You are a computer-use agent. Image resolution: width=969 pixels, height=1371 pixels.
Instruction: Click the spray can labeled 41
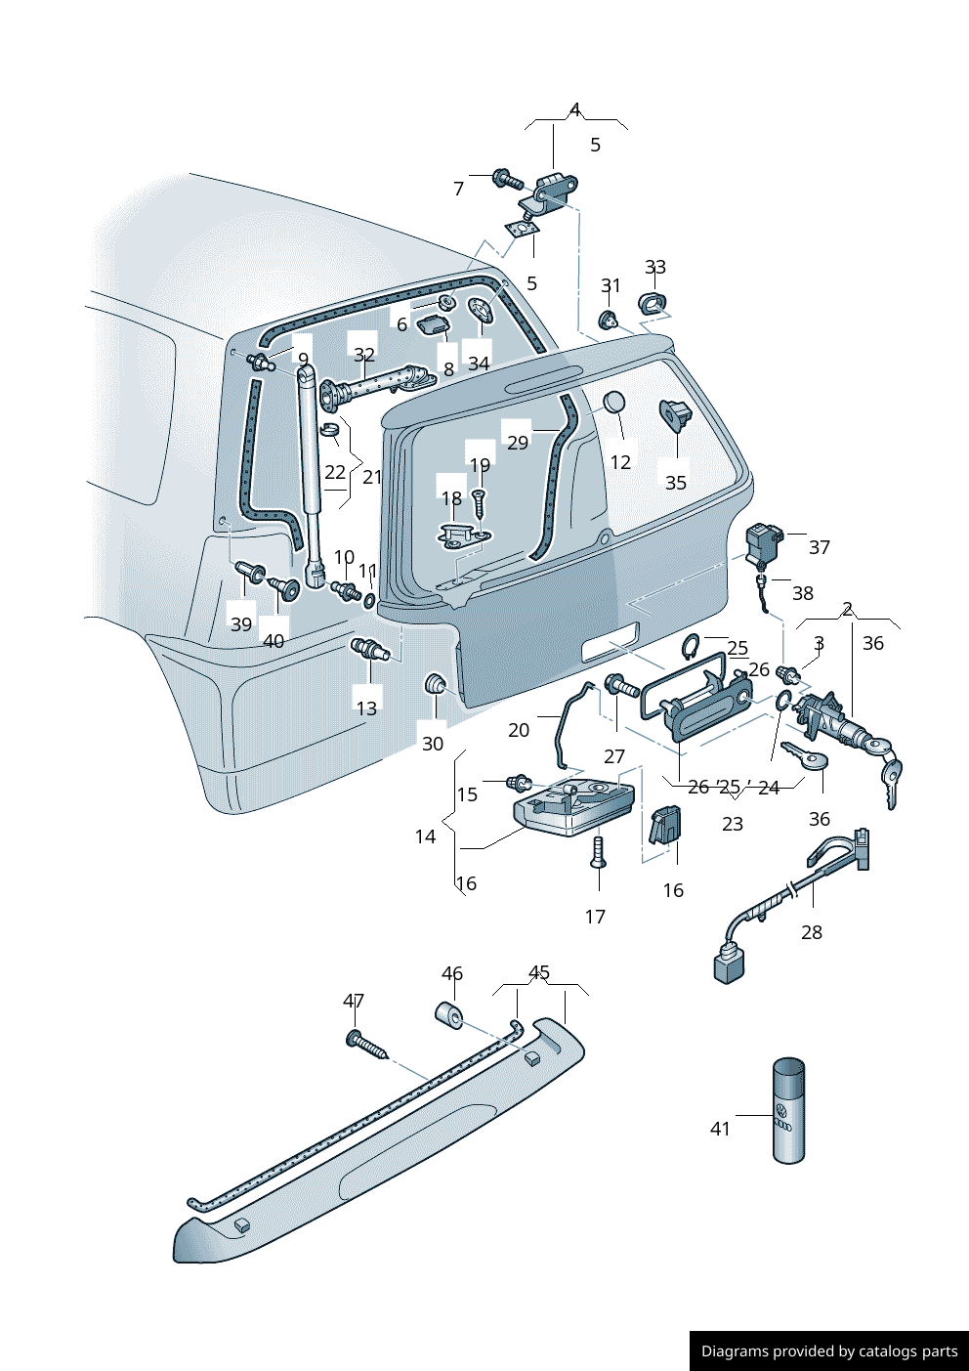coord(789,1111)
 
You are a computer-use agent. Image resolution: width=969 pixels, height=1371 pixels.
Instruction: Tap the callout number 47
coord(354,1001)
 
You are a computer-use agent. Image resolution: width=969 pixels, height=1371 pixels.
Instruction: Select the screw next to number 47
coord(366,1045)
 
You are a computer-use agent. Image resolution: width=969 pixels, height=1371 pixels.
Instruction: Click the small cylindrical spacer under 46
coord(449,1014)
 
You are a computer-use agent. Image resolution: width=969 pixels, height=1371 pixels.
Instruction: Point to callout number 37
coord(820,547)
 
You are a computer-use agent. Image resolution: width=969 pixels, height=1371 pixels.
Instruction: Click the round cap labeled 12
coord(614,403)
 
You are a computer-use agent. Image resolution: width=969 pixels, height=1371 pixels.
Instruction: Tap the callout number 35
coord(676,483)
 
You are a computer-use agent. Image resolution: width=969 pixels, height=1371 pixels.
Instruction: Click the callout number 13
coord(366,707)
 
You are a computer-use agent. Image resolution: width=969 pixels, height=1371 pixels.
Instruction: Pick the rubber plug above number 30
coord(435,685)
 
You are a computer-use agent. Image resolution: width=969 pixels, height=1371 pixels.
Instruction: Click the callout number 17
coord(595,917)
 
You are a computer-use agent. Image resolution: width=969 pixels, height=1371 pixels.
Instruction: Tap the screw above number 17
coord(599,851)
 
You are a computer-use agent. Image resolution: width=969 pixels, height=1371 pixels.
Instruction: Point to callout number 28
coord(812,932)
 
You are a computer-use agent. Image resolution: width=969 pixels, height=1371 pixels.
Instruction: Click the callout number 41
coord(720,1129)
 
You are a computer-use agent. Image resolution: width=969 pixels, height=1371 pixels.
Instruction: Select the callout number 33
coord(655,267)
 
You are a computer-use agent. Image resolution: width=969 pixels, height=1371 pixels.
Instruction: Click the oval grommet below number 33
coord(652,303)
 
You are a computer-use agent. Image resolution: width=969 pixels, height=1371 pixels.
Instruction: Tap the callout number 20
coord(519,730)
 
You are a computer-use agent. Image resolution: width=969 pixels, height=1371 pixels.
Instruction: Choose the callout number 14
coord(425,836)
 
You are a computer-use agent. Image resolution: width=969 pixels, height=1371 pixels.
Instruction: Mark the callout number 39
coord(241,624)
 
